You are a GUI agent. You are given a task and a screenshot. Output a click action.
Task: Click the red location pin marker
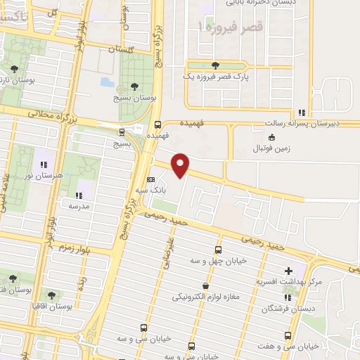(x=181, y=165)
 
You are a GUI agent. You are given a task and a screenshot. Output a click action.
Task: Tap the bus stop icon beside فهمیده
(x=158, y=121)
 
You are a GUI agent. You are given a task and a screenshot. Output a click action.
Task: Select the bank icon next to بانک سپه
(x=150, y=179)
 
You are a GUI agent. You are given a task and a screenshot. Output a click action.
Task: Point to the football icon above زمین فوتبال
(x=271, y=136)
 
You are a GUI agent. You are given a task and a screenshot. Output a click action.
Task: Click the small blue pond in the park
(x=107, y=82)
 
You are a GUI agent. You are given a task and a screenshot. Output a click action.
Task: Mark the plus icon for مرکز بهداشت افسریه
(x=288, y=271)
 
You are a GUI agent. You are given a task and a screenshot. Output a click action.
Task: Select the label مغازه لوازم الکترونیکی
(x=206, y=297)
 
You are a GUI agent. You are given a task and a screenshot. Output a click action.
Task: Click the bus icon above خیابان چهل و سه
(x=218, y=250)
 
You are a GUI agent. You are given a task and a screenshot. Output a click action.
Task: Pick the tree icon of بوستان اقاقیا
(x=51, y=295)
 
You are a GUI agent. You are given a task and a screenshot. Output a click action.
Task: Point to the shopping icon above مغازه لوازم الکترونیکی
(x=205, y=285)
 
